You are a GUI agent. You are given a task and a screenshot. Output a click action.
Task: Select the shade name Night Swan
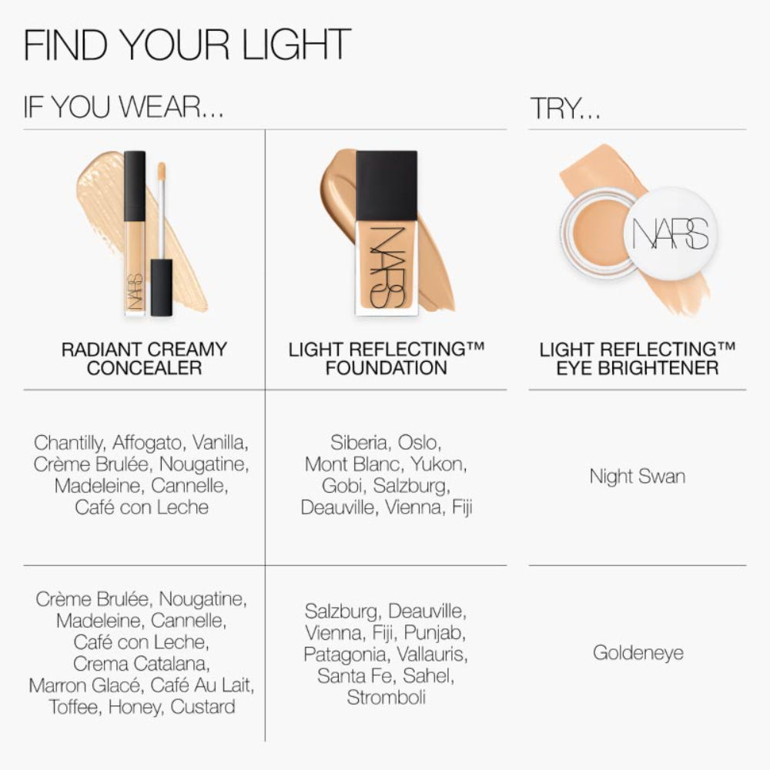(x=637, y=476)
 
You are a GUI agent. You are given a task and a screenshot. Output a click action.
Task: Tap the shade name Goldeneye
(x=638, y=653)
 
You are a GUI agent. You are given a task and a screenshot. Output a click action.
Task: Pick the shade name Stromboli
(x=386, y=698)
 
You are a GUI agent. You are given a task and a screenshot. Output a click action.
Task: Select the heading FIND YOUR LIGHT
(x=187, y=45)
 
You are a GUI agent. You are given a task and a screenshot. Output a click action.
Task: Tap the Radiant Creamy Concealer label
(x=144, y=358)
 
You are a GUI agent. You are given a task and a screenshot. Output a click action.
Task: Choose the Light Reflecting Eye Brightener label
(x=637, y=358)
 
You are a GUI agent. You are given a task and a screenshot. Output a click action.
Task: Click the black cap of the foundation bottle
(x=387, y=185)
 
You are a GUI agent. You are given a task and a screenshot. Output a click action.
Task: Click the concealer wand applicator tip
(x=162, y=171)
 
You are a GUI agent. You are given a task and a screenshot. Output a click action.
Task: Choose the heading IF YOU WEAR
(x=123, y=109)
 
